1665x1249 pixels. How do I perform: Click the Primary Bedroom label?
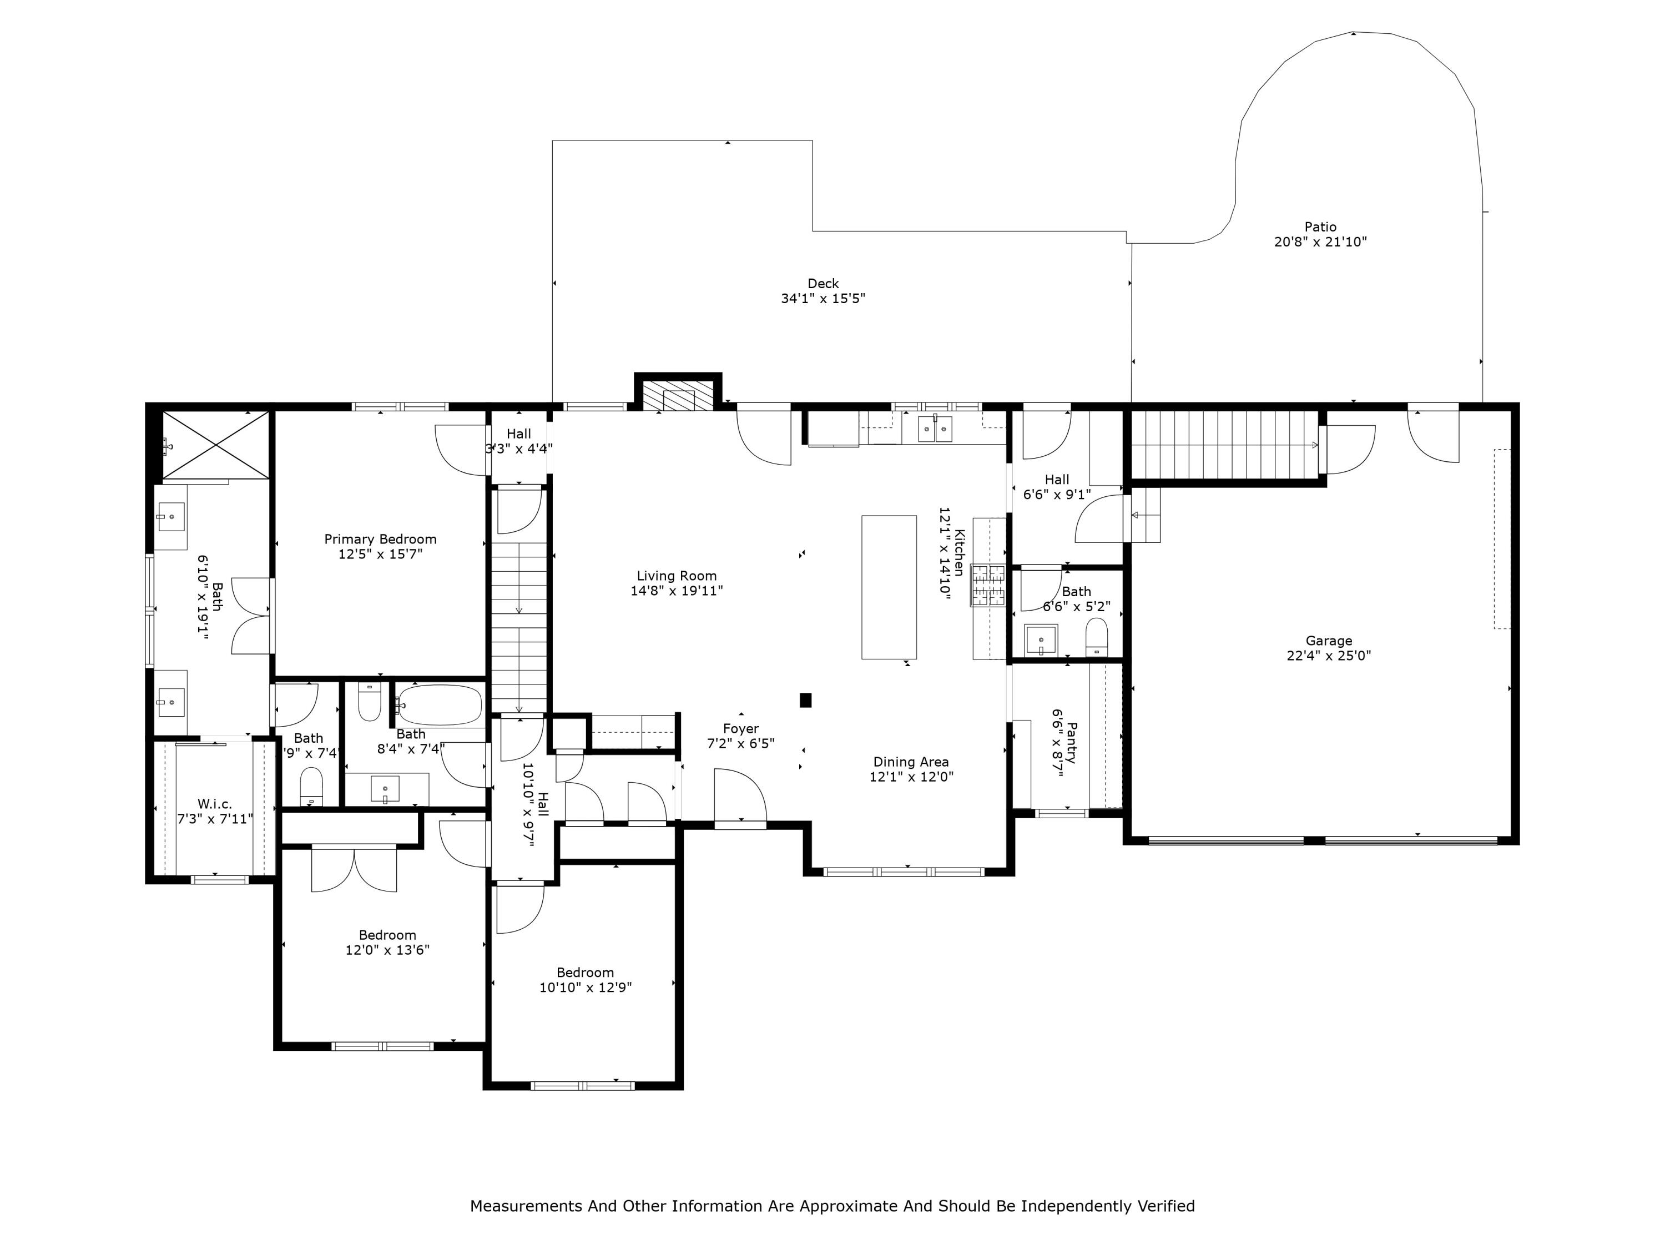tap(380, 539)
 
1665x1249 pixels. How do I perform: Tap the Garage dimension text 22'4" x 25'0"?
tap(1329, 656)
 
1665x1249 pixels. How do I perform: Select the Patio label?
tap(1320, 226)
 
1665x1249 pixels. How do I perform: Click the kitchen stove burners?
tap(988, 585)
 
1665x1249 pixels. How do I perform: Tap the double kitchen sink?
tap(935, 429)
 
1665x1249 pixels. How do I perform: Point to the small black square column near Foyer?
tap(805, 700)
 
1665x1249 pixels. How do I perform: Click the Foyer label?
tap(741, 729)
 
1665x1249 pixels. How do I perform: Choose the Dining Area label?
tap(911, 762)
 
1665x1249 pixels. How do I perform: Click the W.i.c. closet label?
tap(215, 804)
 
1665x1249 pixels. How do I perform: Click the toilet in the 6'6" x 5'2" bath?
tap(1097, 638)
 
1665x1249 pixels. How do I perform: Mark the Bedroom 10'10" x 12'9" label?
tap(585, 973)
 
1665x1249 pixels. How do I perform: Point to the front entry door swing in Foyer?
tap(739, 797)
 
